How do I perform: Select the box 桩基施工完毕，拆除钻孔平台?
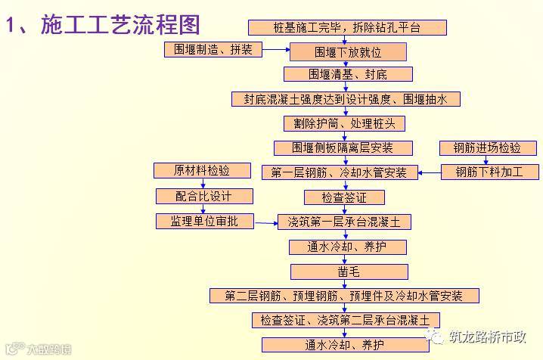point(347,28)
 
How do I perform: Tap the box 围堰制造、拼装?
point(213,50)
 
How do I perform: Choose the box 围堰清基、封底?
point(348,74)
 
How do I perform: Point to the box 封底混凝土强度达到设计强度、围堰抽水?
point(346,99)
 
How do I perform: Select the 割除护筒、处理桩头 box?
point(344,123)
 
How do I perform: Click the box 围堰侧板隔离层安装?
point(343,147)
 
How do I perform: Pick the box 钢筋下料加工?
point(489,172)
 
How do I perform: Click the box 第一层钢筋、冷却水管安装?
point(345,172)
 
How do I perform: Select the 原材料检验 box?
point(202,171)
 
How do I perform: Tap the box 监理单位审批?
point(203,222)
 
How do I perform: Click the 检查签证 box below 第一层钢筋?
point(344,197)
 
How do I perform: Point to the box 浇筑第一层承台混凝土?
point(345,222)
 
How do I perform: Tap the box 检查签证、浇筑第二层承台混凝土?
point(346,320)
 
